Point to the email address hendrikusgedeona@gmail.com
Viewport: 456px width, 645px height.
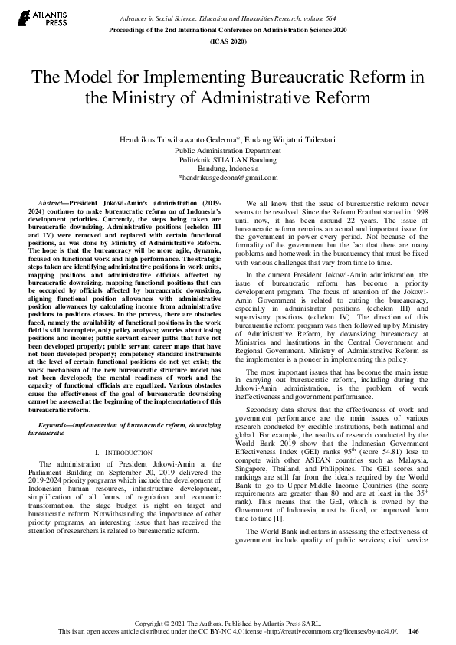[x=228, y=177]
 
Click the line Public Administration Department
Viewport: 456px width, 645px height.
[x=228, y=151]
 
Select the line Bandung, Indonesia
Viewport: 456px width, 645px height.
[x=228, y=169]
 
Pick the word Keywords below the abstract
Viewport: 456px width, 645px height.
[x=58, y=424]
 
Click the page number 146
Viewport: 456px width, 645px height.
[x=414, y=631]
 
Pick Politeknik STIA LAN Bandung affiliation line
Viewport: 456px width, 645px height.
[x=228, y=160]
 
